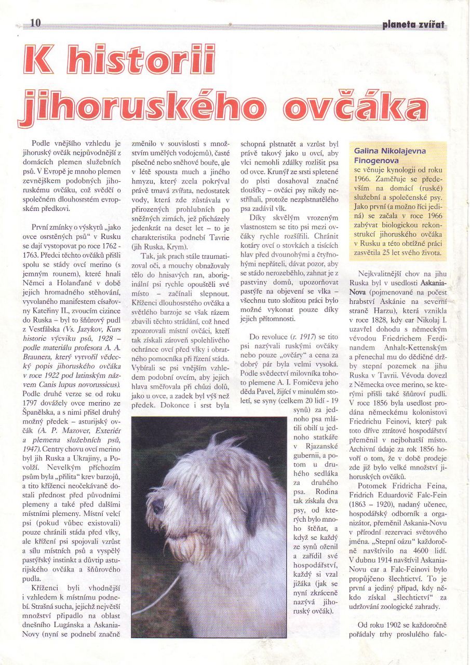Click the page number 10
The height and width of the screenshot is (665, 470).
point(36,22)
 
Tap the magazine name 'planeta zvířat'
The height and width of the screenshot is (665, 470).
point(414,24)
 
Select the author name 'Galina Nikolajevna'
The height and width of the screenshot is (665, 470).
point(390,151)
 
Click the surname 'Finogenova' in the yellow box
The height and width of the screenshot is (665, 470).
point(376,161)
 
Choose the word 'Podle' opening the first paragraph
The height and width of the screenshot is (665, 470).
point(42,142)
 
